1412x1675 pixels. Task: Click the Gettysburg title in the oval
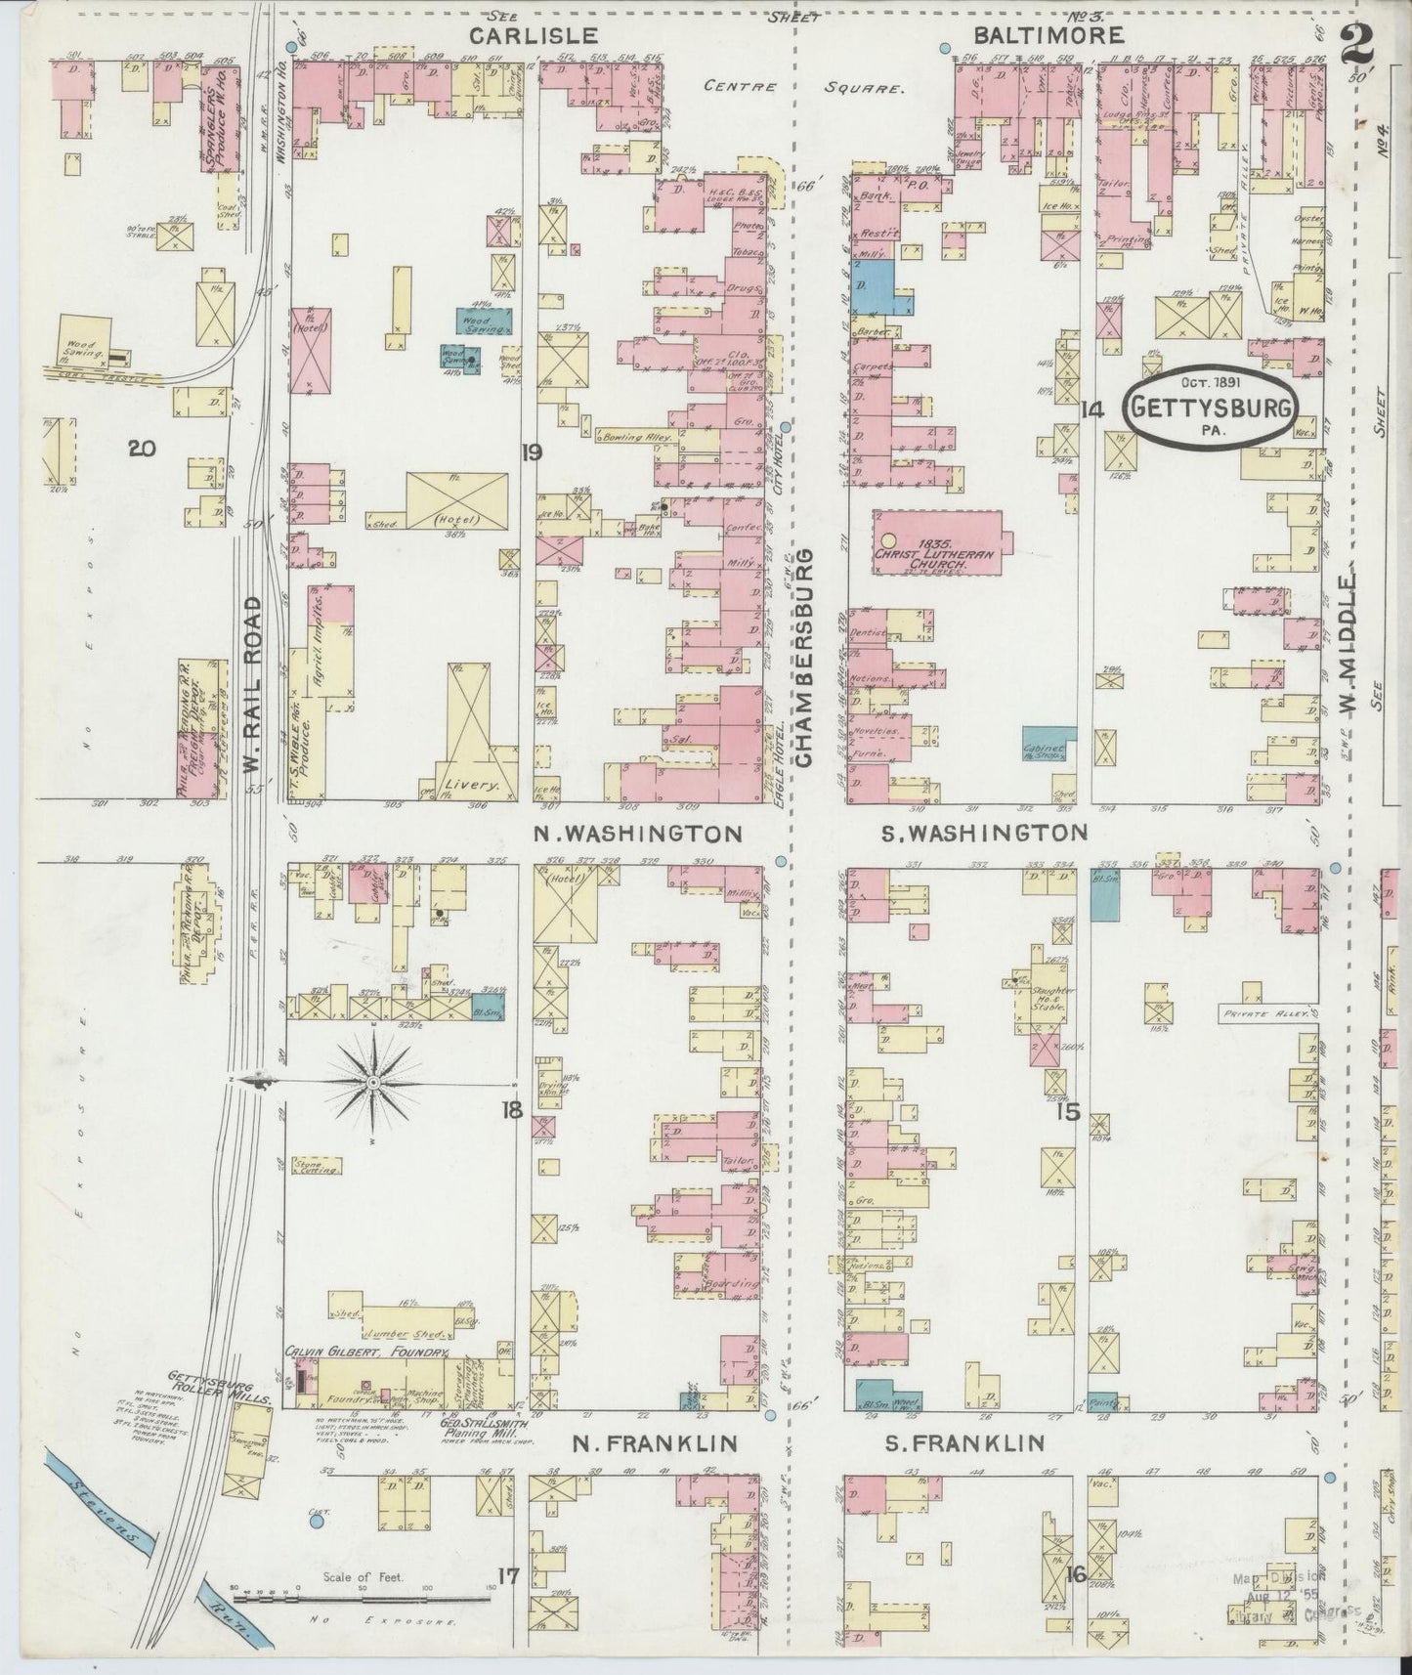tap(1213, 408)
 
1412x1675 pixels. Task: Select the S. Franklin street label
tap(965, 1442)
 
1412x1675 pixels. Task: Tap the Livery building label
tap(474, 784)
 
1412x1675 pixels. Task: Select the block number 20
tap(142, 449)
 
